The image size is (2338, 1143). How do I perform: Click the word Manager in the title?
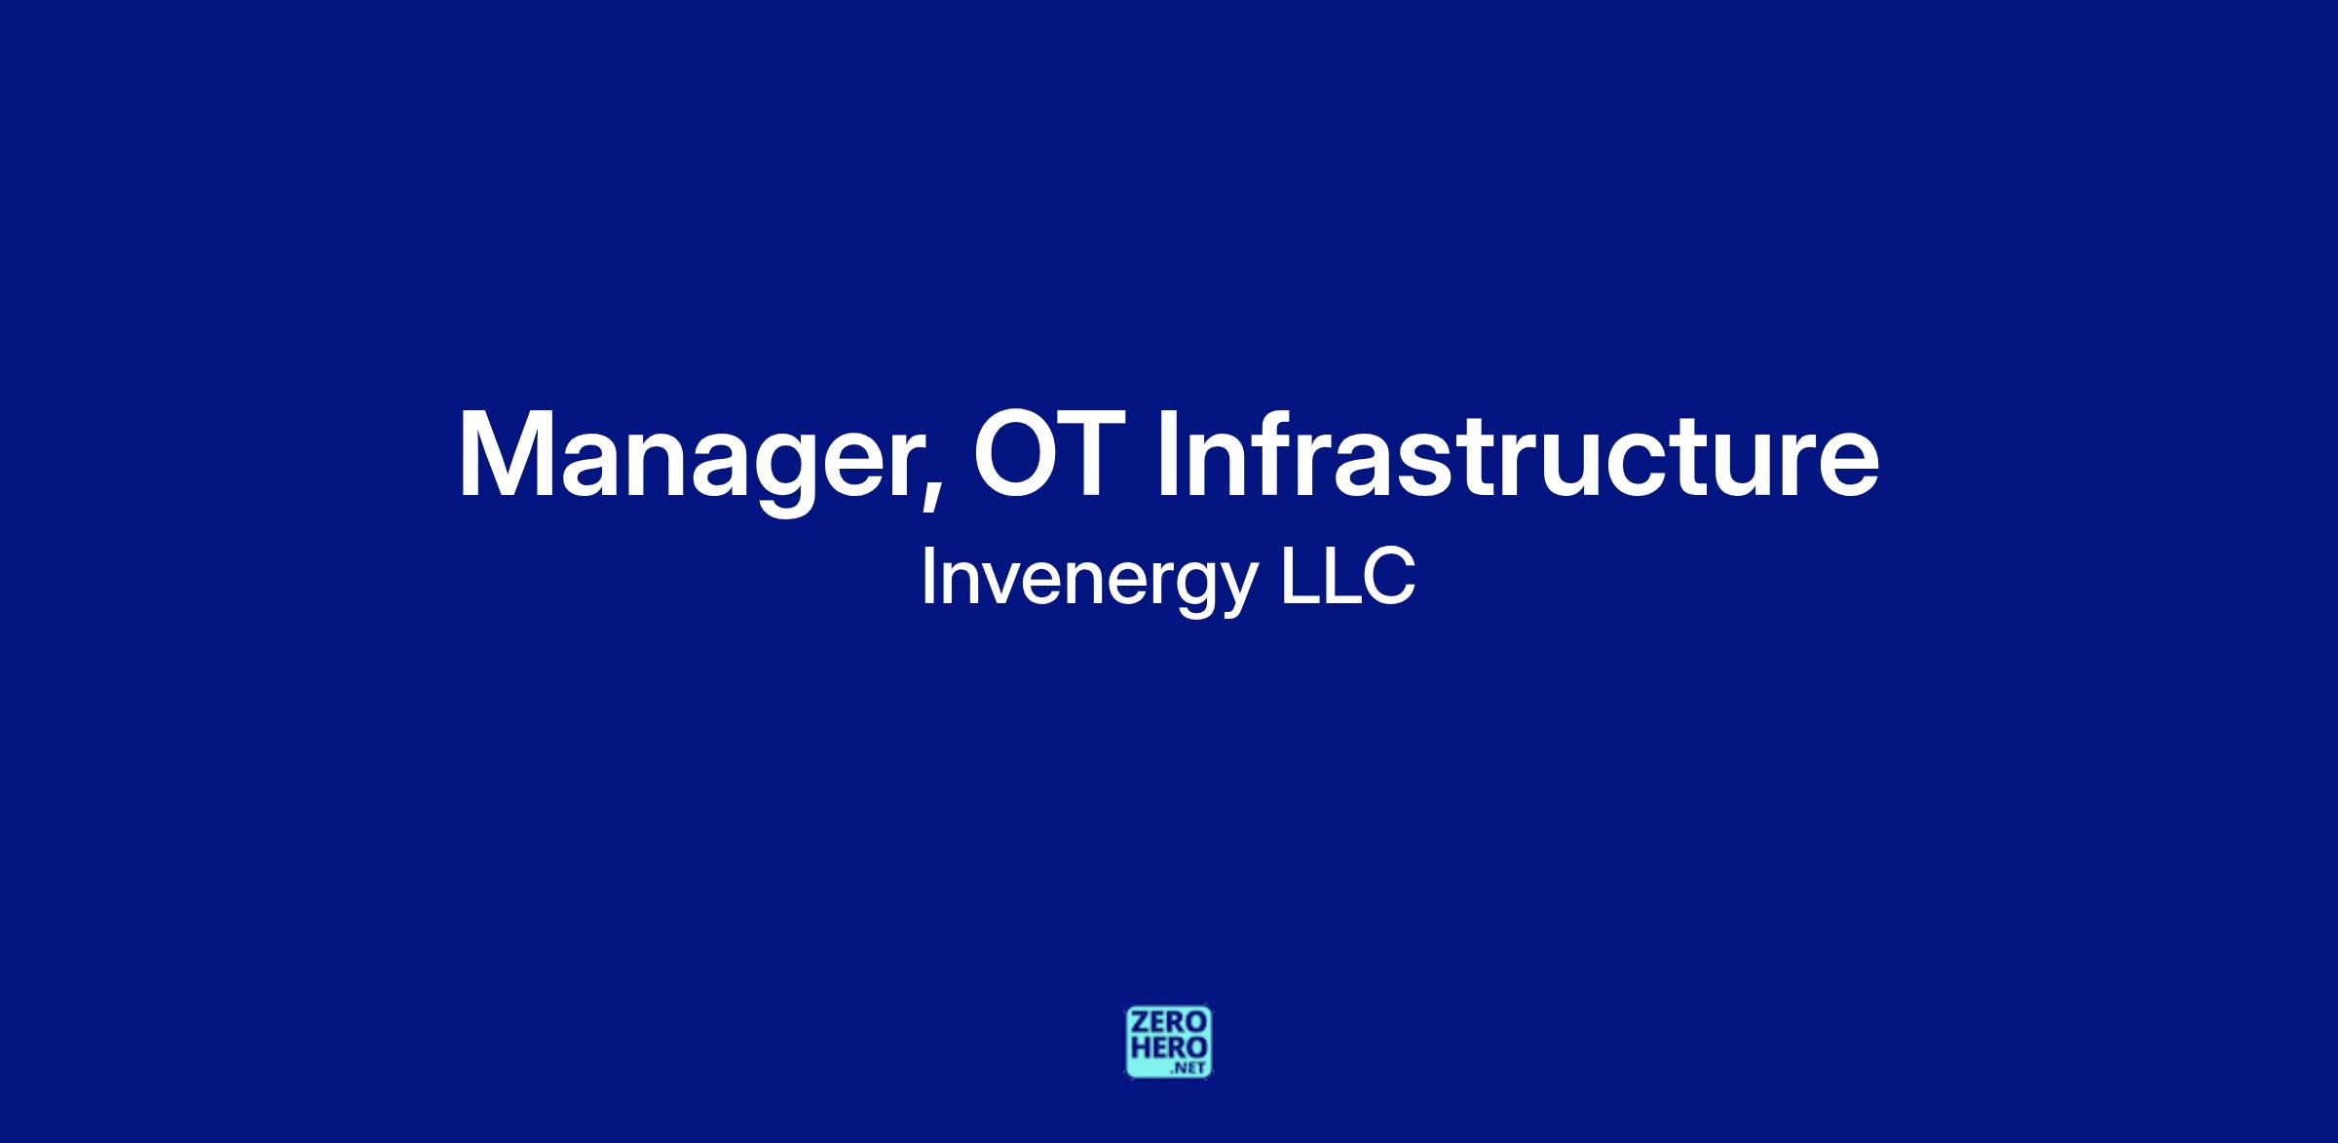click(x=689, y=456)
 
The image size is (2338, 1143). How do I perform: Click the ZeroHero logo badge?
click(x=1169, y=1042)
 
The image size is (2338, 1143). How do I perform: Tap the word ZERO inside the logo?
click(x=1169, y=1023)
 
